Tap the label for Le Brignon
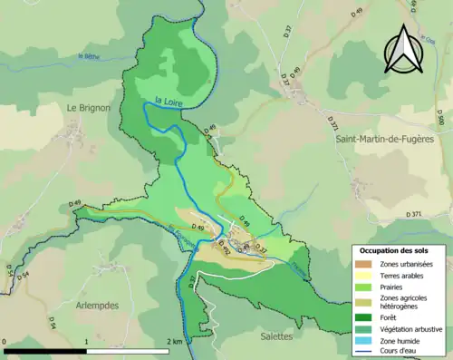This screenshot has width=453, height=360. point(88,107)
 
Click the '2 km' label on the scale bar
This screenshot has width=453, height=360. point(174,342)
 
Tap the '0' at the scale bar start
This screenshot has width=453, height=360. point(5,342)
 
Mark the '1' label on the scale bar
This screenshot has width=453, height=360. point(86,342)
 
